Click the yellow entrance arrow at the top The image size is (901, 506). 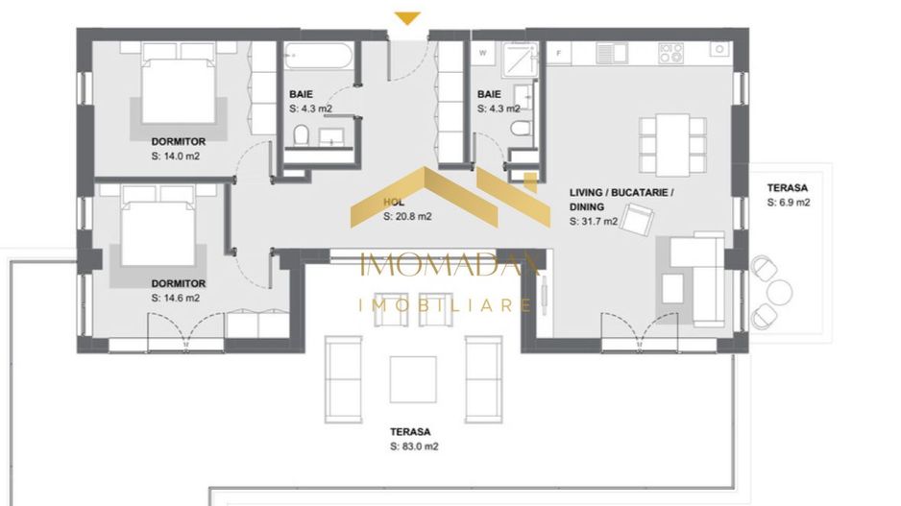[408, 17]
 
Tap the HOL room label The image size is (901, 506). [392, 204]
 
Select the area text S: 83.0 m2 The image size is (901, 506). [415, 446]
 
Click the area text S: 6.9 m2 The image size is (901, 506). [788, 203]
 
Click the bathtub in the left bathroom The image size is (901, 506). [321, 57]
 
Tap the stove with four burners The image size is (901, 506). [670, 52]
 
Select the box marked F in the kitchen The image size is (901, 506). [556, 53]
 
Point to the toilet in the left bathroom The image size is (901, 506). [301, 136]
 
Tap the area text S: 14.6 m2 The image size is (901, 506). [175, 298]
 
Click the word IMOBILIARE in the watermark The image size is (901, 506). [444, 305]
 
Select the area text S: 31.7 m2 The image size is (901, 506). [593, 222]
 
